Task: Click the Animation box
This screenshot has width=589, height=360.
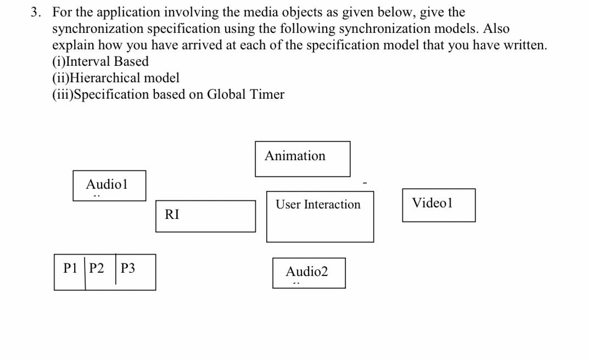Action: [302, 159]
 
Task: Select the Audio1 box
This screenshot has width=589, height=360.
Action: [109, 185]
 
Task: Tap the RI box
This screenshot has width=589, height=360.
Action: [205, 216]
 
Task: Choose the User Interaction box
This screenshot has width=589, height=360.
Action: [320, 217]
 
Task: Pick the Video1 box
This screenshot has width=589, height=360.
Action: [439, 205]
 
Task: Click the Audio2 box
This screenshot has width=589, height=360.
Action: [308, 273]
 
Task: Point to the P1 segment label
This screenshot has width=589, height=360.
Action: [70, 268]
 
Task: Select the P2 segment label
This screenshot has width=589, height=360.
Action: [97, 268]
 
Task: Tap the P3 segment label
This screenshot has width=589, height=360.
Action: [128, 268]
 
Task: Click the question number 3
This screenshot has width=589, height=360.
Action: [36, 12]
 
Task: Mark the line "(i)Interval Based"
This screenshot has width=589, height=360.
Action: [100, 61]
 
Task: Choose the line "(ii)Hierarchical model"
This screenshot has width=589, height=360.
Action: [116, 78]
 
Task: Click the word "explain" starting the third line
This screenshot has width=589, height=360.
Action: [71, 45]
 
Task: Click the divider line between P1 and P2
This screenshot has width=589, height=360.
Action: [85, 272]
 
